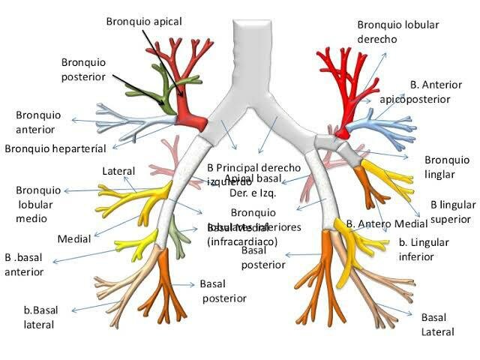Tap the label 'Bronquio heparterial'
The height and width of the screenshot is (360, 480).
tap(55, 148)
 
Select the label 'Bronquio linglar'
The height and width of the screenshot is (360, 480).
tap(447, 166)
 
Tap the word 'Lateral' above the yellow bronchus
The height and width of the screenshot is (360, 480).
tap(118, 172)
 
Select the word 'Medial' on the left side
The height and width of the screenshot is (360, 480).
tap(74, 239)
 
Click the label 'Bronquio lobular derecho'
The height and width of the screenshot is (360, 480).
tap(397, 31)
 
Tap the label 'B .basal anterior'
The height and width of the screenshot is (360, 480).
tap(25, 264)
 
